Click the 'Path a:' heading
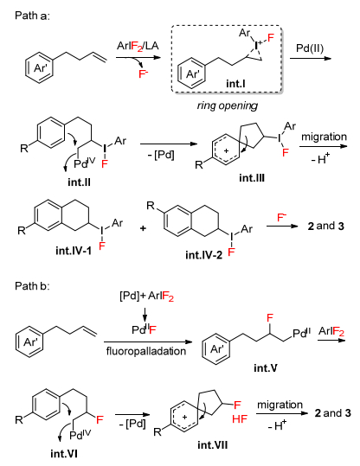32,16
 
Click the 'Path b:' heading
32,286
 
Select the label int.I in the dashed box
235,84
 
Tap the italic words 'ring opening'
228,105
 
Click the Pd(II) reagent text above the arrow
310,48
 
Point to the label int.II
79,182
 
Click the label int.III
252,178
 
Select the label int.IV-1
74,251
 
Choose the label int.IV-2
204,255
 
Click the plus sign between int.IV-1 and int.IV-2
143,228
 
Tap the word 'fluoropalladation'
146,351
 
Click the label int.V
266,368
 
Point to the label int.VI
64,454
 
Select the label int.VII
212,445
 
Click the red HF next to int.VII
240,419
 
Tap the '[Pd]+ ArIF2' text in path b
146,297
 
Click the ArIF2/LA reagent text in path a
138,46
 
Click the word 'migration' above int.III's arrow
324,137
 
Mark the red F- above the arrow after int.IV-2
281,218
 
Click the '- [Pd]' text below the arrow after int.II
161,155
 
